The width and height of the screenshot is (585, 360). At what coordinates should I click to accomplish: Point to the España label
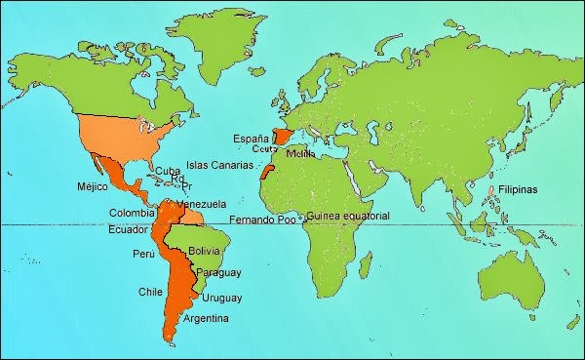click(252, 139)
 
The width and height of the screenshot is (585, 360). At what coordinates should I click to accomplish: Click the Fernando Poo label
click(263, 219)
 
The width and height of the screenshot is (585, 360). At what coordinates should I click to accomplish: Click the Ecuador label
click(129, 230)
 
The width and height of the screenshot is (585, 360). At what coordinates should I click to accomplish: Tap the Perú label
click(142, 254)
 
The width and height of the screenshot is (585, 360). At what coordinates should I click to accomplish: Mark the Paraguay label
click(218, 272)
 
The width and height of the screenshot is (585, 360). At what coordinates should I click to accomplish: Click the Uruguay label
click(222, 298)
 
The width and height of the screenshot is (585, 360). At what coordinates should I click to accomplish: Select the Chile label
click(149, 291)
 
